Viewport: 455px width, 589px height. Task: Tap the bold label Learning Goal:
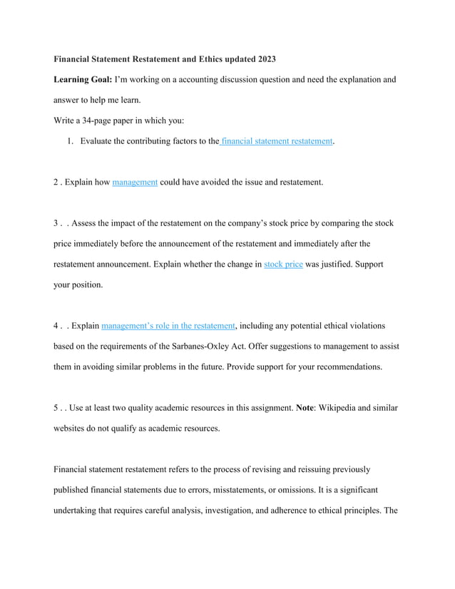point(83,80)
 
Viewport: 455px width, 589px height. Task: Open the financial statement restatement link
point(277,141)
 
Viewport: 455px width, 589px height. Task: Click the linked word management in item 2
point(135,182)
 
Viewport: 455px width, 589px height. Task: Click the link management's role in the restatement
point(168,326)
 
